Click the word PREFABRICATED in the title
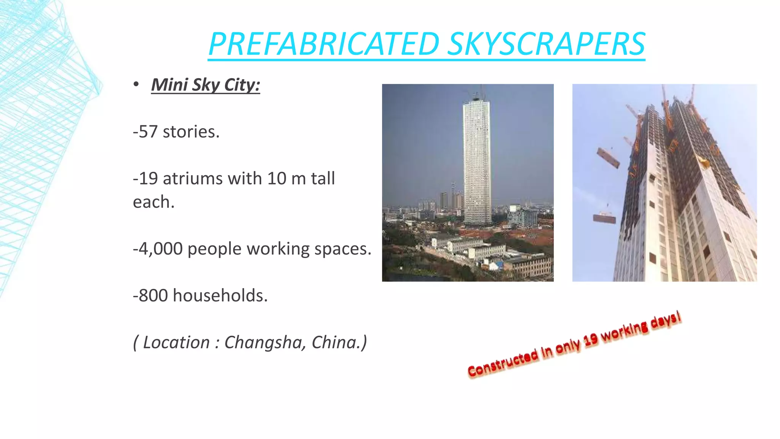click(324, 44)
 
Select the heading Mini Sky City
click(205, 85)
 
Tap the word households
click(220, 296)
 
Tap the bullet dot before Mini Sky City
click(136, 85)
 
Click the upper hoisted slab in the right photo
click(608, 157)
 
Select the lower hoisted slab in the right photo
click(604, 218)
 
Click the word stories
click(191, 132)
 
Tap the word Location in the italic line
click(176, 342)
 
